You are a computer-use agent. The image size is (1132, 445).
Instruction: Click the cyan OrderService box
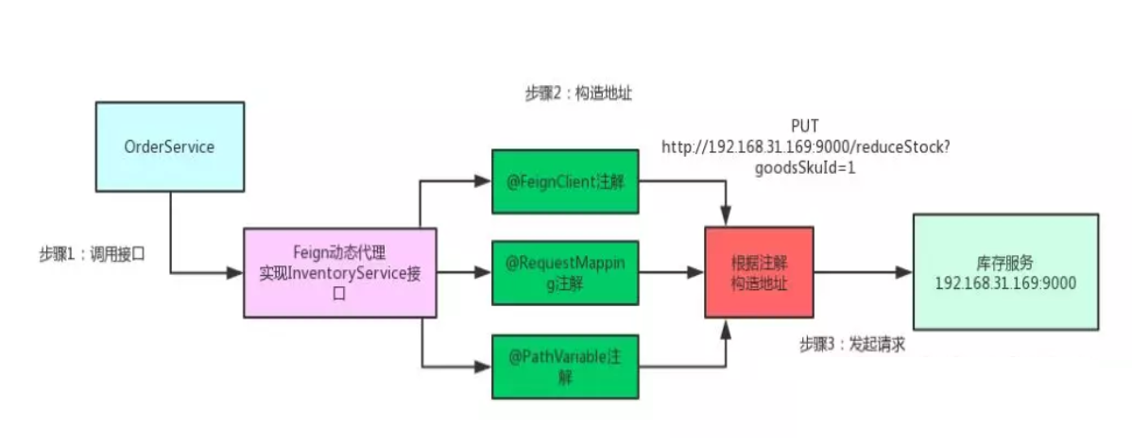[x=169, y=147]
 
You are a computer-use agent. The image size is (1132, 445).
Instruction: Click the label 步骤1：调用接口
[x=92, y=254]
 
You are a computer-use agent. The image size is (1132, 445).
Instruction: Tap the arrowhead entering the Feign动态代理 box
[x=236, y=273]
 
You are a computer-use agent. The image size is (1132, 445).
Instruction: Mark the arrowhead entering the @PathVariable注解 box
[x=485, y=367]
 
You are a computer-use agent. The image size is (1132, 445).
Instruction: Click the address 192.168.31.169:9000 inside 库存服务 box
[x=1005, y=282]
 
